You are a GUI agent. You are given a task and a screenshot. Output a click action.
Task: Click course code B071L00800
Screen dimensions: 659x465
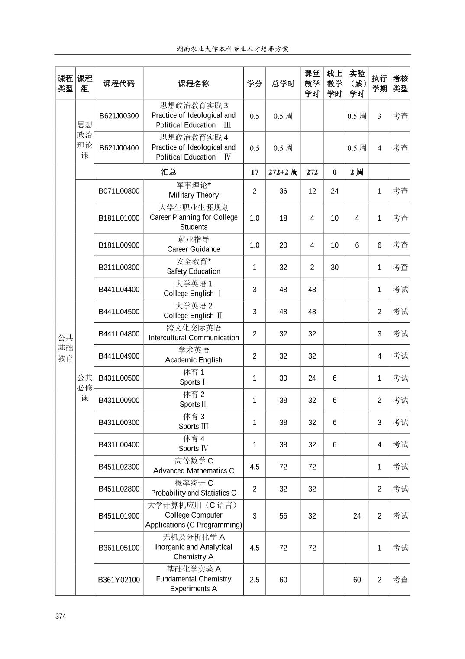pos(119,191)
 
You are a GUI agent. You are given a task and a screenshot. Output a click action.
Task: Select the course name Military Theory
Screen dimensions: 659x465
pos(194,191)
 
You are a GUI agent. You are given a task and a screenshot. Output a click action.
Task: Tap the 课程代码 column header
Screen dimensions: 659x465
pos(119,84)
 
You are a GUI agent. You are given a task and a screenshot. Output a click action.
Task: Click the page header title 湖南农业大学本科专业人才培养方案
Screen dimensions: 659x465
pos(232,49)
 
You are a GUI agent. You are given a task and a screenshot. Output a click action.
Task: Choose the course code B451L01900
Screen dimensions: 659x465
pos(119,516)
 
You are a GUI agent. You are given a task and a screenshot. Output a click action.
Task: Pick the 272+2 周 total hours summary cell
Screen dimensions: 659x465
pos(283,172)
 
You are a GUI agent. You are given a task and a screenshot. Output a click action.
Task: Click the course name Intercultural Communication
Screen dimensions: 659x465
pos(194,334)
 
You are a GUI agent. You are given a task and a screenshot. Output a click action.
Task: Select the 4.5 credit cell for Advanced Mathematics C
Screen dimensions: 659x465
pos(255,467)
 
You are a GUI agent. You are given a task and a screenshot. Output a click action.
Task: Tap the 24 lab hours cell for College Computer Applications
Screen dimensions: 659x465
pos(357,516)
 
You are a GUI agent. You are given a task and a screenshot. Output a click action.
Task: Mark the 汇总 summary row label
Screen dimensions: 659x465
pos(168,172)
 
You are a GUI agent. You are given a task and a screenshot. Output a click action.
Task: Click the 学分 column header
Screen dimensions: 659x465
pos(255,84)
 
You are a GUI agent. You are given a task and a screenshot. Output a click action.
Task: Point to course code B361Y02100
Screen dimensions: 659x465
pos(119,580)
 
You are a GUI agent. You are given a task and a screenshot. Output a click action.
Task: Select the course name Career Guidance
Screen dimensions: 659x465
pos(194,245)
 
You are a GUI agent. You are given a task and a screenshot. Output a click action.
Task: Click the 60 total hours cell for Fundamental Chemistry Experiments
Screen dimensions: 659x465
pos(283,580)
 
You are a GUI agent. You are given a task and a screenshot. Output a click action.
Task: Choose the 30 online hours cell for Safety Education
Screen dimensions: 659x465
pos(334,268)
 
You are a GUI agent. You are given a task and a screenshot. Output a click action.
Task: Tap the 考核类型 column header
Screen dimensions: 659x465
pos(400,84)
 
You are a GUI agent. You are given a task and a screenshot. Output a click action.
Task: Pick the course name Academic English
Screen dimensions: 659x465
pos(194,356)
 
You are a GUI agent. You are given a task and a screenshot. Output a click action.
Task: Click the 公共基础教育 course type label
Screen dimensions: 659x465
pos(65,348)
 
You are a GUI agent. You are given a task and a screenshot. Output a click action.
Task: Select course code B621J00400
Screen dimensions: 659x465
pos(119,148)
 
